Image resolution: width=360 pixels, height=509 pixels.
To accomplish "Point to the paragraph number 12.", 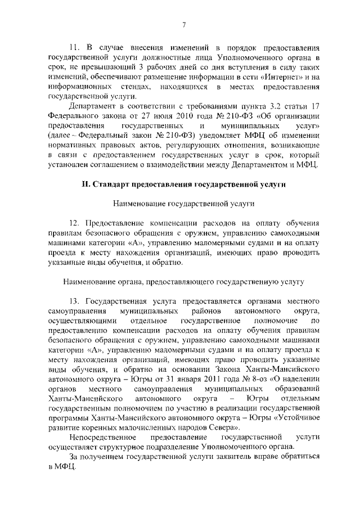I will (74, 226).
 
